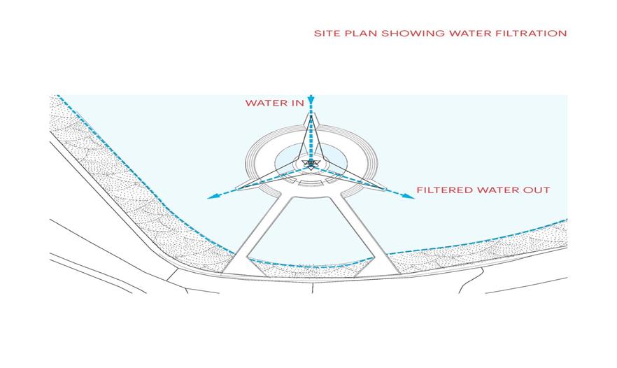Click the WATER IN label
click(274, 103)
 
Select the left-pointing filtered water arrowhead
click(210, 197)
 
